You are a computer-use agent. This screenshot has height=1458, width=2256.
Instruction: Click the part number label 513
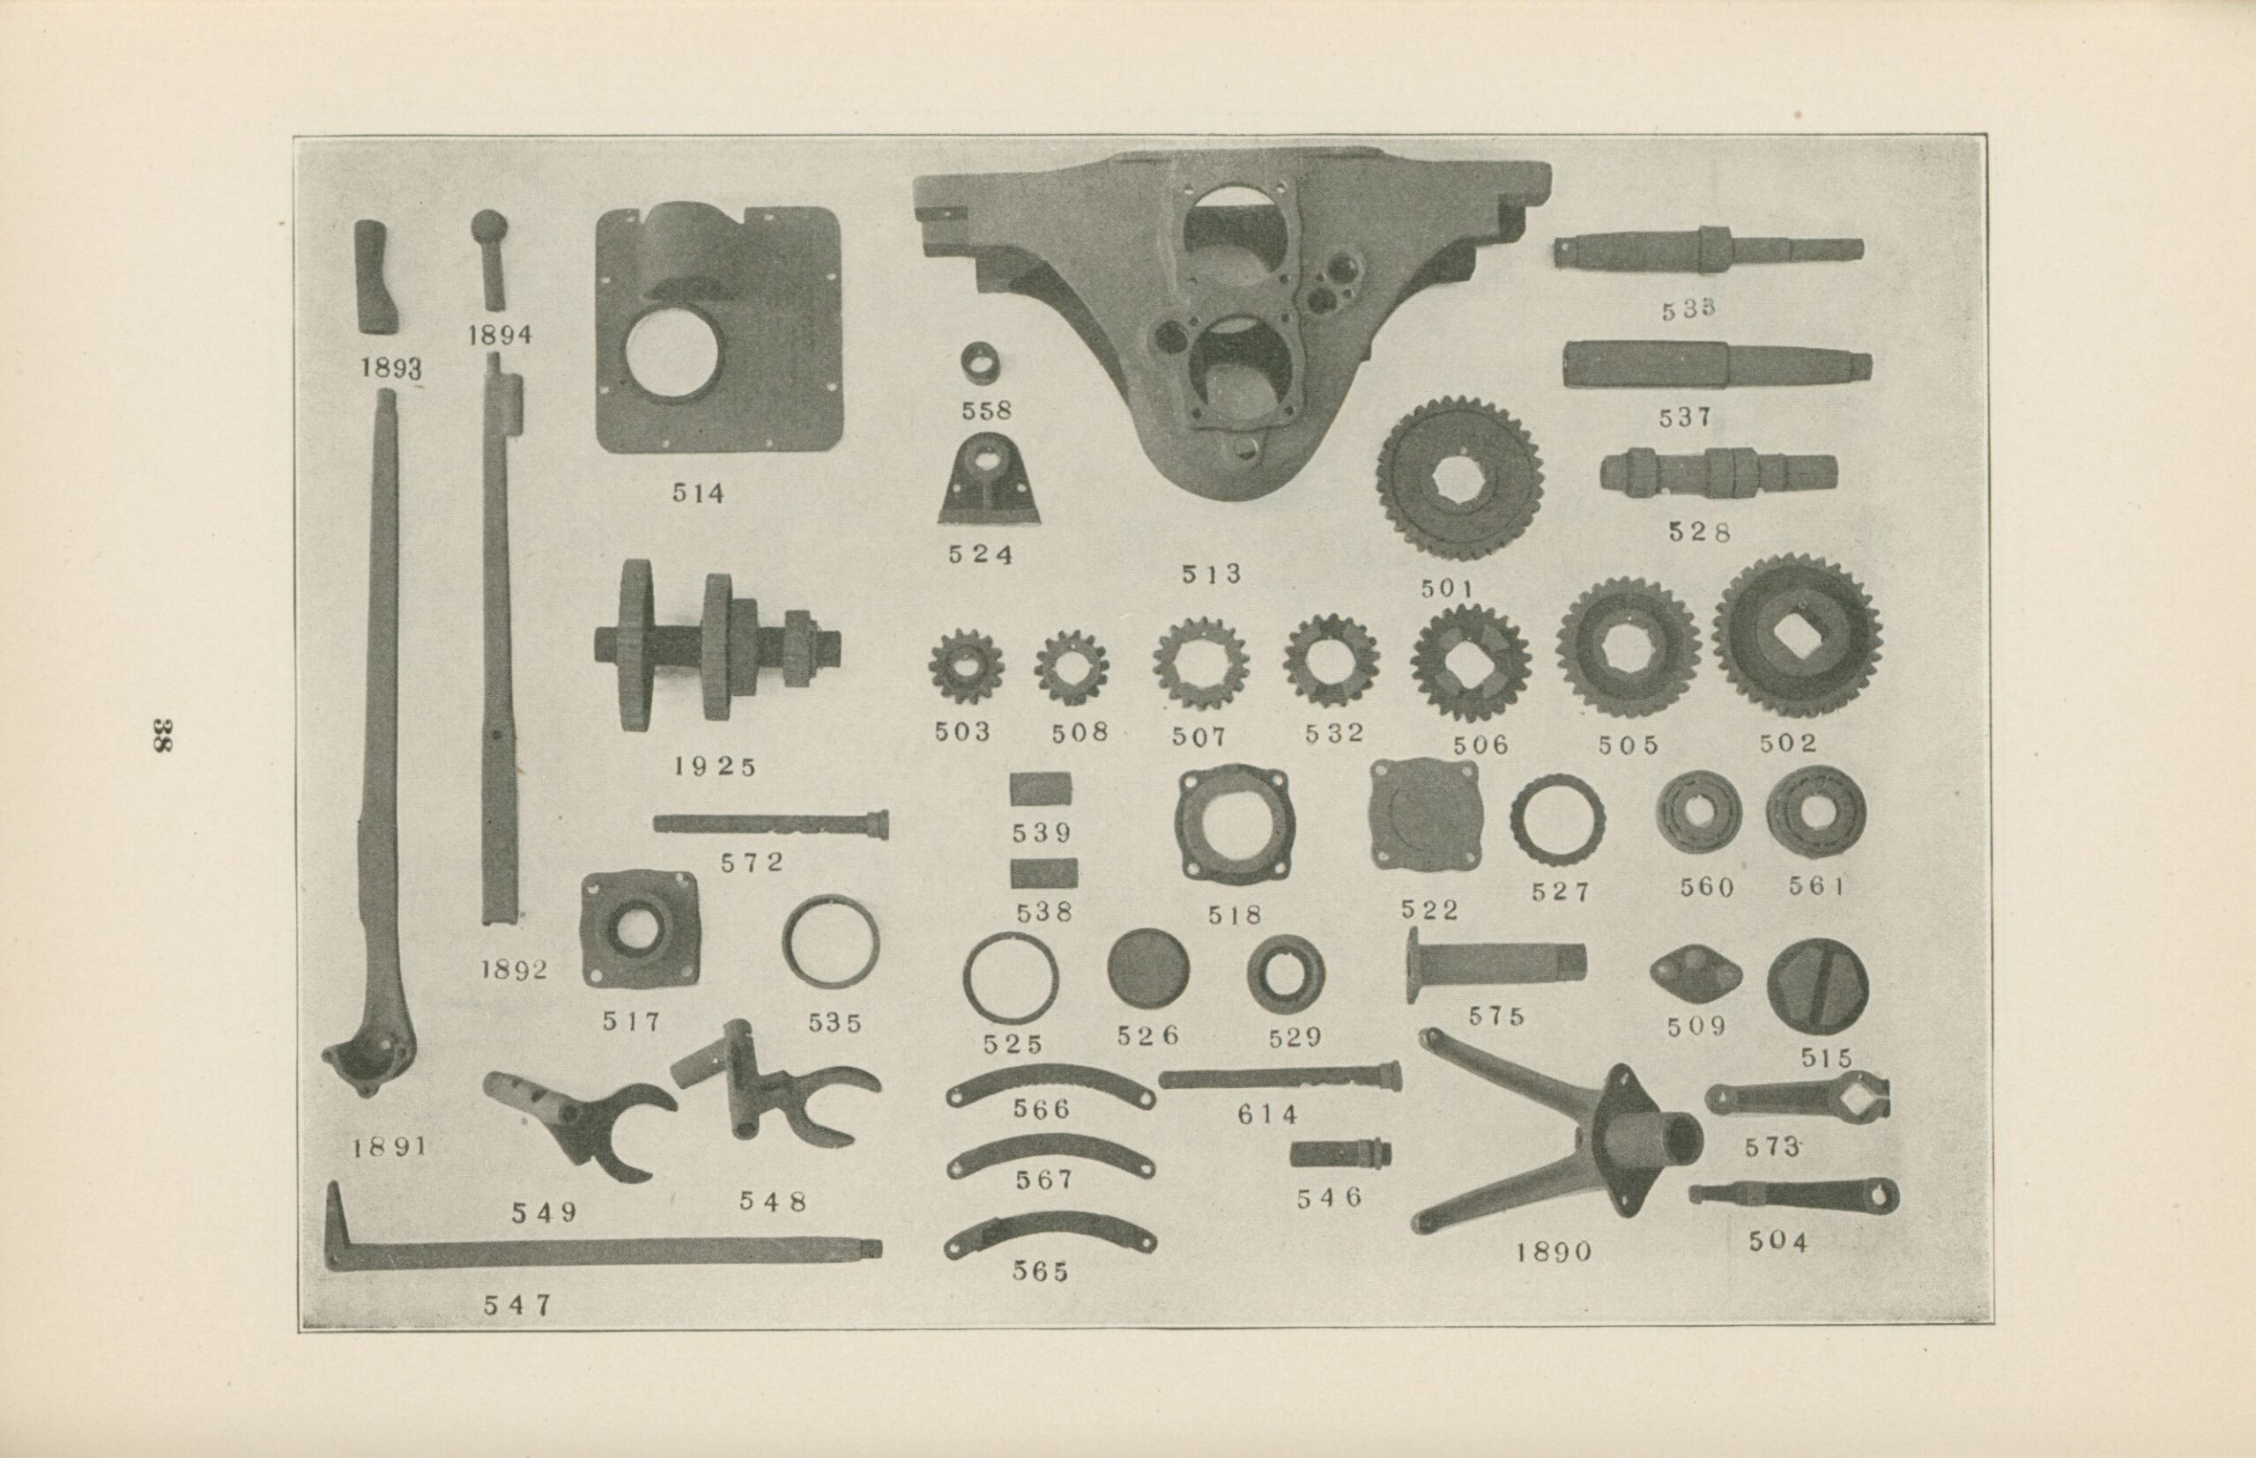[1212, 574]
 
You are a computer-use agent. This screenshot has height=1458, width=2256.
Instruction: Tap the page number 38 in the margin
[162, 735]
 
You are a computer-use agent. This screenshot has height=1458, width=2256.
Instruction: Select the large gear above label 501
[1459, 478]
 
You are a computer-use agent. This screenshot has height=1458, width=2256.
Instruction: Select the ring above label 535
[831, 942]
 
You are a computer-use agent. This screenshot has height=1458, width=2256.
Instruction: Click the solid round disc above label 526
[1148, 967]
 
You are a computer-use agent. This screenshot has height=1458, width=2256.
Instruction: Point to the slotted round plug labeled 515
[1817, 987]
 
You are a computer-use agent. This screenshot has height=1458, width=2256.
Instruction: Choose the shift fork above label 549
[578, 1121]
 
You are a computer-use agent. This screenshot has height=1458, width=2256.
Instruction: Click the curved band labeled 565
[1050, 1232]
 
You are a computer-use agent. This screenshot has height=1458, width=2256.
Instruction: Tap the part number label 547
[517, 1305]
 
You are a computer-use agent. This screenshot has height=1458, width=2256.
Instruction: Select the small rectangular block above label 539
[1041, 788]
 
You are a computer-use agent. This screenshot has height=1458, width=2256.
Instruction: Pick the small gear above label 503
[966, 665]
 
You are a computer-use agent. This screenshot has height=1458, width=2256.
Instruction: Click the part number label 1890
[1555, 1252]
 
